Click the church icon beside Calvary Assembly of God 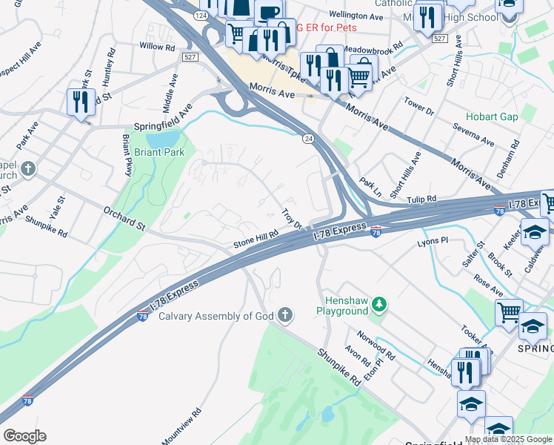[285, 316]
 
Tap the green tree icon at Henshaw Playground [378, 304]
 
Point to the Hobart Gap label [491, 117]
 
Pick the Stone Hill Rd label [256, 237]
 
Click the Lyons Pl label [433, 241]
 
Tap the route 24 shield [307, 138]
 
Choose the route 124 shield [200, 15]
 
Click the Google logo [24, 436]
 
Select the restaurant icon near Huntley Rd [79, 102]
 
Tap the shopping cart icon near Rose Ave [509, 311]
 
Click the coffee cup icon [268, 12]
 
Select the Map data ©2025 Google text [508, 439]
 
